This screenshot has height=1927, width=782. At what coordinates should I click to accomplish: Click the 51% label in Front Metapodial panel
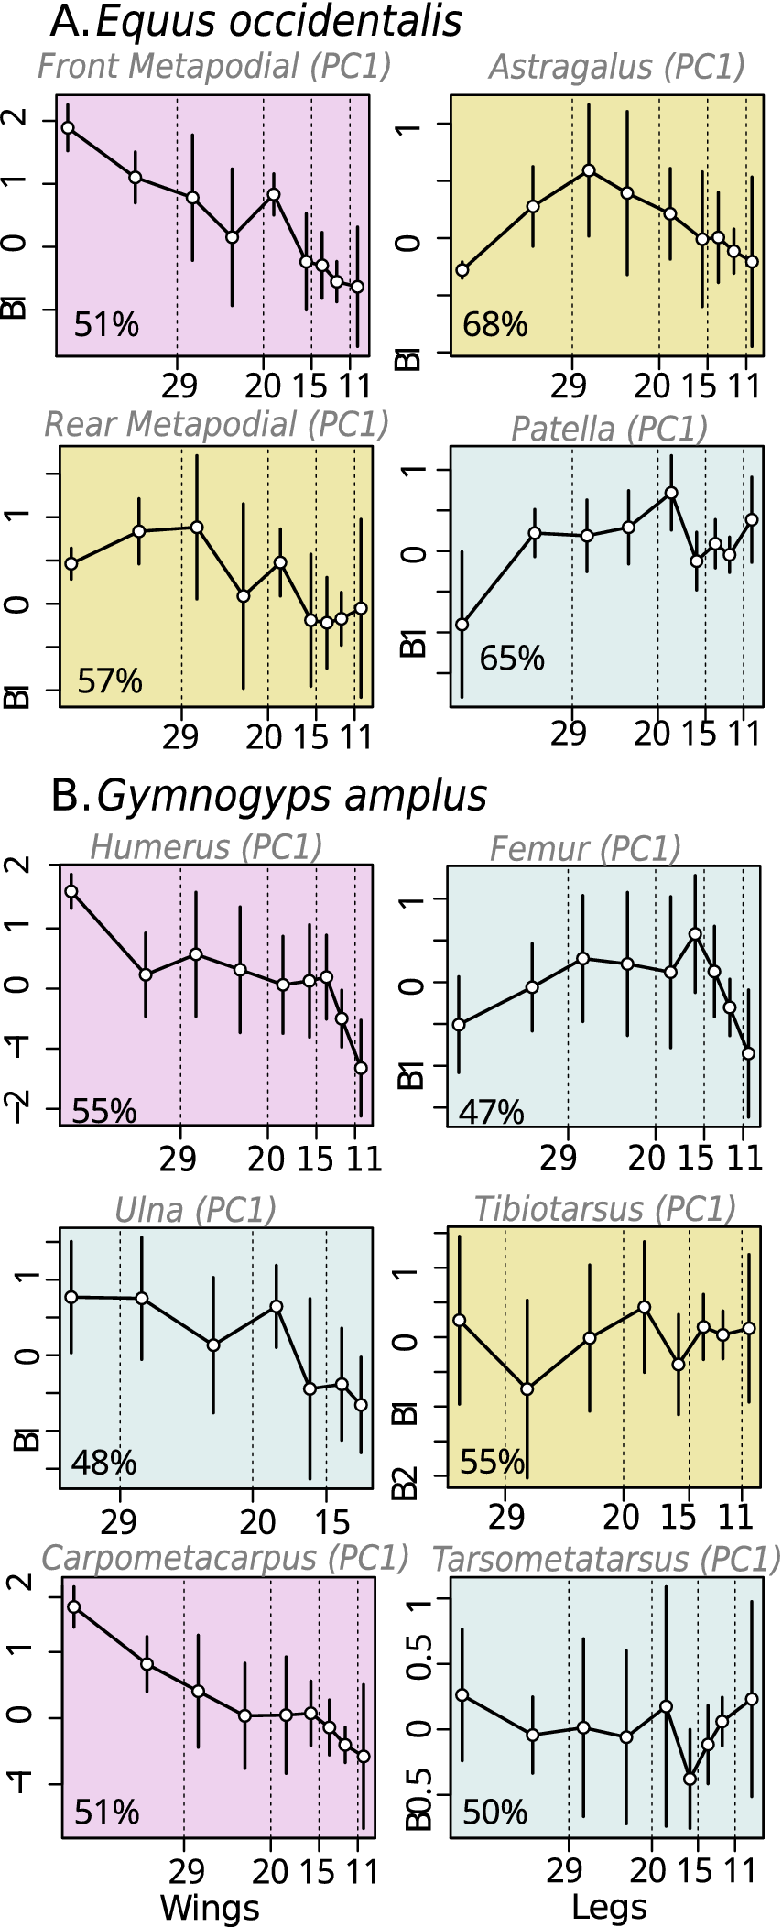106,324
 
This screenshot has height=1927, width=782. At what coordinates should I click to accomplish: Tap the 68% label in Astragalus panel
494,324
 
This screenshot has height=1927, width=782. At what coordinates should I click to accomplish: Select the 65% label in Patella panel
511,658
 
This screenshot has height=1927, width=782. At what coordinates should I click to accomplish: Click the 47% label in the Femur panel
491,1112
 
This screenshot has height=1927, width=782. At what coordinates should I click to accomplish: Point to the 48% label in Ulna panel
103,1463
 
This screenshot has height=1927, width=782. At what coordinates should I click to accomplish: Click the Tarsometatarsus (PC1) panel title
605,1559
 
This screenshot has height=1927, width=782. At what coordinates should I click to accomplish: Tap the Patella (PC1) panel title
609,429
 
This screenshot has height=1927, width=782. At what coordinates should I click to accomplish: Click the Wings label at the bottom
210,1908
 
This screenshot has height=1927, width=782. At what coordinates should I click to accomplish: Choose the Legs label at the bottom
609,1908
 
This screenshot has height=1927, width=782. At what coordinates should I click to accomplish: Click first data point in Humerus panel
71,891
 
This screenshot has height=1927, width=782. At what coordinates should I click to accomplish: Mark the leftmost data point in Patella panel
462,625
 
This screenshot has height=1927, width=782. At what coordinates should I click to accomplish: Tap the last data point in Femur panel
748,1053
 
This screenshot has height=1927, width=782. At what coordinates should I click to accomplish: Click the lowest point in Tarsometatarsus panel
690,1779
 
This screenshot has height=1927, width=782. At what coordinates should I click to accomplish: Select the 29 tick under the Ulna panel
119,1521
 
